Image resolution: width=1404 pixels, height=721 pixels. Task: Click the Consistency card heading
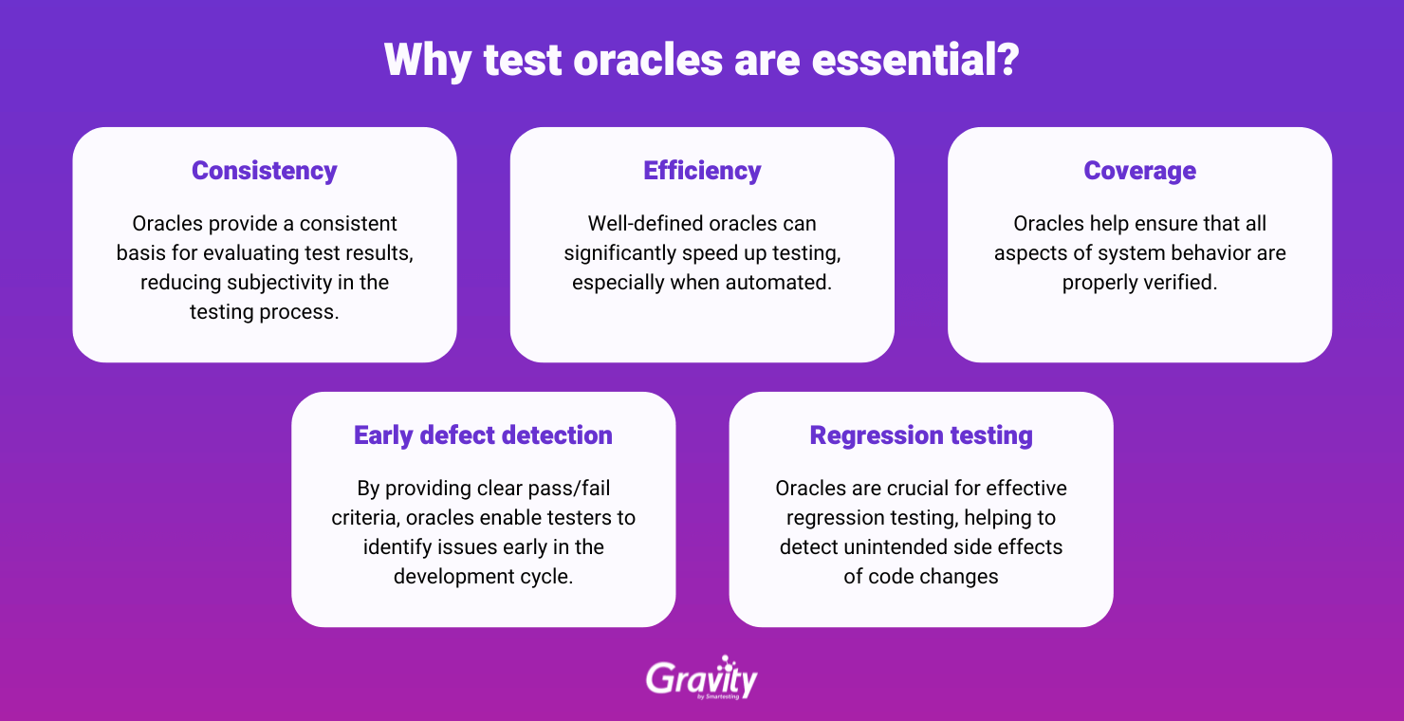265,171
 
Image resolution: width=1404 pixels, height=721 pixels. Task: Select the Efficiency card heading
702,171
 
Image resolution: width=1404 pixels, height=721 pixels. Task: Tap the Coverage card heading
1139,171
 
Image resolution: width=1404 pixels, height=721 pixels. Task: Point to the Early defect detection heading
483,435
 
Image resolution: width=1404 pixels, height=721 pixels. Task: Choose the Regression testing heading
921,435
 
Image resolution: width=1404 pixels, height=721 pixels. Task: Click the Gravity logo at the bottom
702,678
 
